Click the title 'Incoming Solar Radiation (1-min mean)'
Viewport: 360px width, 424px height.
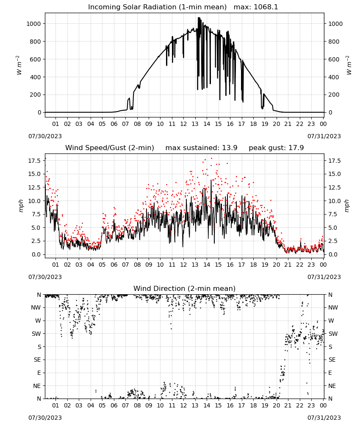[x=157, y=7]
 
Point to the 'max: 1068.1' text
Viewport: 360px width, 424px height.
[x=256, y=7]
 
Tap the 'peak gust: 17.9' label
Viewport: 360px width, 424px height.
[x=276, y=148]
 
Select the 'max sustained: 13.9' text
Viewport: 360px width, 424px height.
[x=202, y=148]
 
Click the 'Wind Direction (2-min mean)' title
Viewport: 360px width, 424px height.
[x=185, y=288]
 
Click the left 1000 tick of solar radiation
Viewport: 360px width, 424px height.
[x=33, y=24]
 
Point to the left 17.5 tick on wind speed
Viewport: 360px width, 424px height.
[x=35, y=161]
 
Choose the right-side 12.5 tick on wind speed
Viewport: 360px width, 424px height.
[x=334, y=187]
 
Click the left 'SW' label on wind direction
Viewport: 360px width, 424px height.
[x=36, y=334]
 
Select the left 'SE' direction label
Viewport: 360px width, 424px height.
[x=38, y=360]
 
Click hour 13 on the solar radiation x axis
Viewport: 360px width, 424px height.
[x=195, y=124]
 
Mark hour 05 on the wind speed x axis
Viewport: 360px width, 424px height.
[x=102, y=265]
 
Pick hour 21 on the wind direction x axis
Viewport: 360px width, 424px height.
[x=288, y=406]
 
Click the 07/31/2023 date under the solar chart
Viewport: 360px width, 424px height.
[x=324, y=136]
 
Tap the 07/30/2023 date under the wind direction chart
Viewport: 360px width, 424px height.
[x=45, y=418]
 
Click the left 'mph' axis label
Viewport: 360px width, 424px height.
[x=21, y=206]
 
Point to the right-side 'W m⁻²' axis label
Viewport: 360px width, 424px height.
[x=349, y=65]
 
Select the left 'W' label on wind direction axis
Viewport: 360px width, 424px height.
[x=39, y=321]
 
